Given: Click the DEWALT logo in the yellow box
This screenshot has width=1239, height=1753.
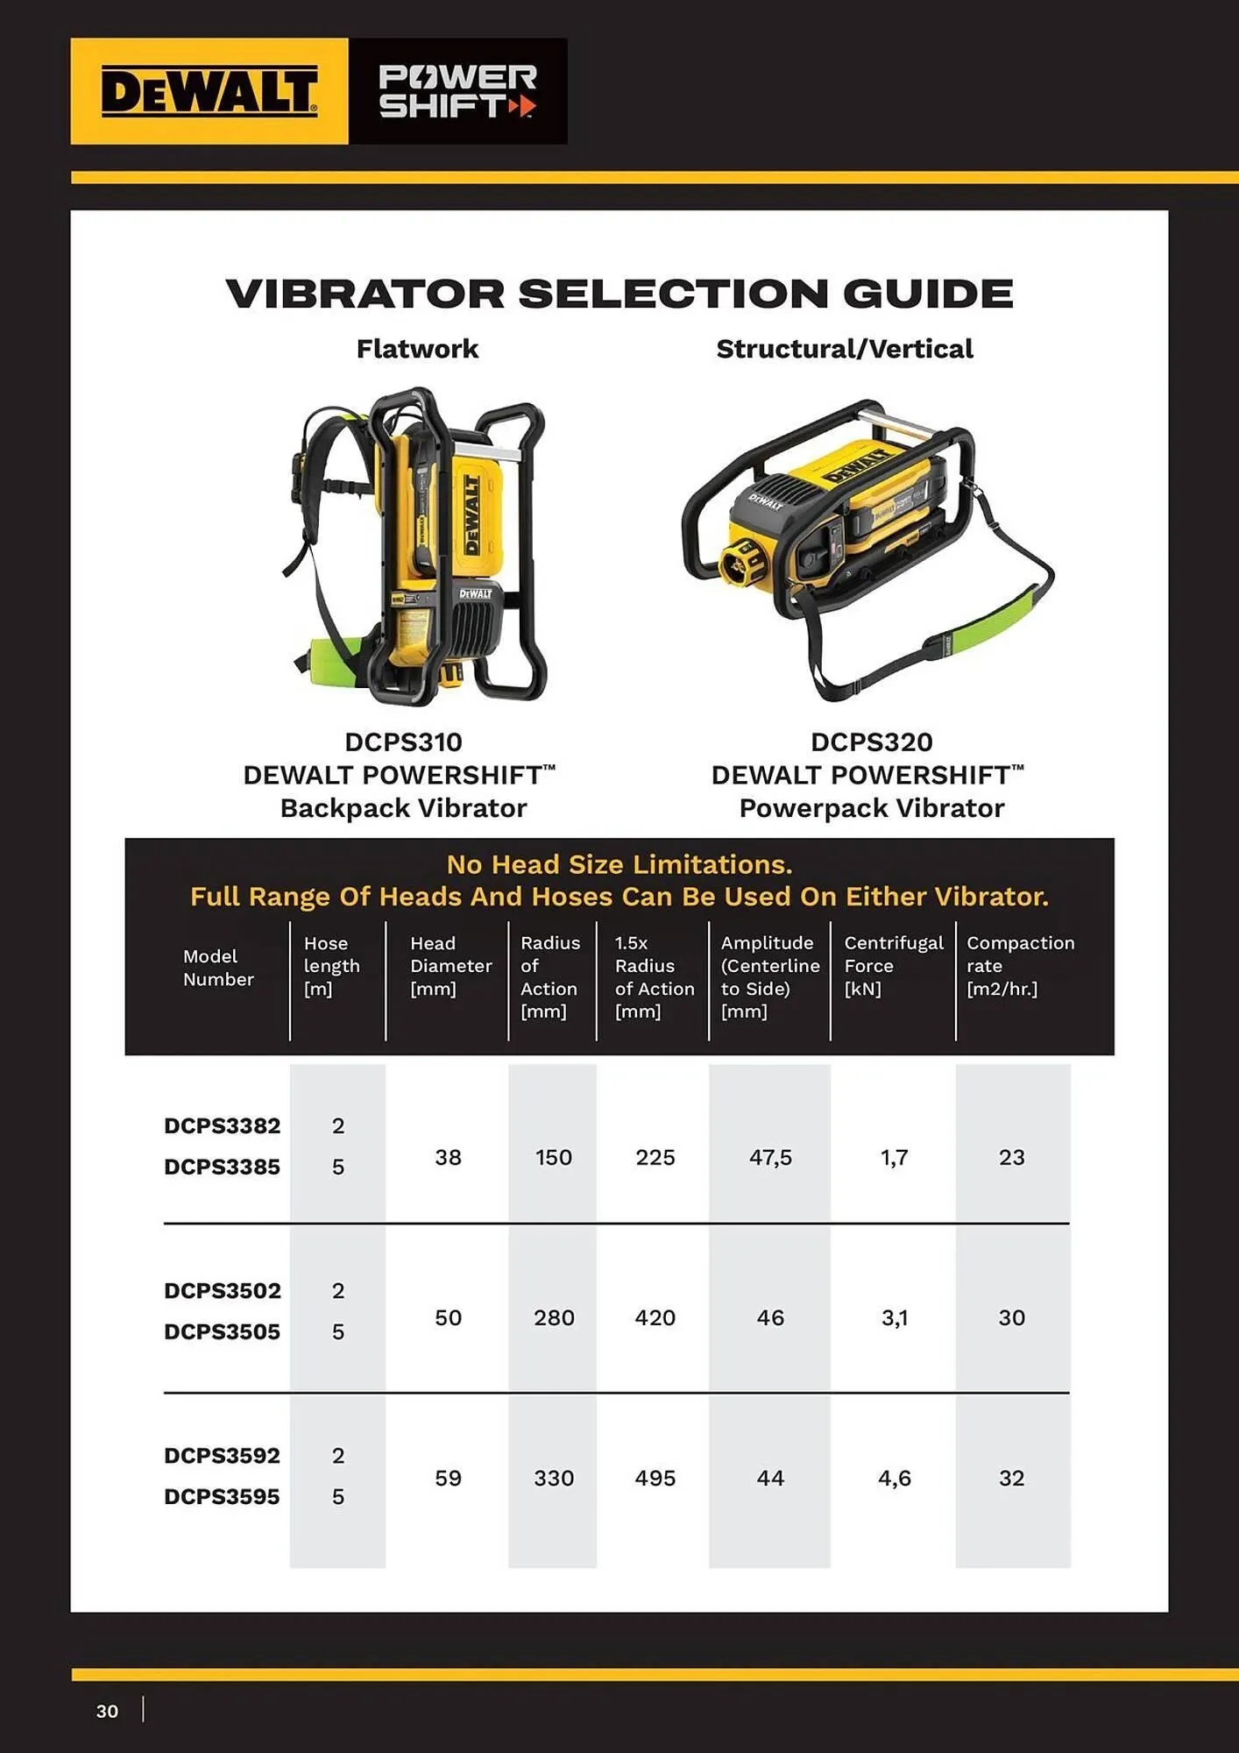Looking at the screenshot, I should tap(209, 91).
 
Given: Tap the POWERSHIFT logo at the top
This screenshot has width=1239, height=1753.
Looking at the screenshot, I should tap(457, 91).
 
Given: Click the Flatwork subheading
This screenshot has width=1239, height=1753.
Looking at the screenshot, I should tap(417, 349).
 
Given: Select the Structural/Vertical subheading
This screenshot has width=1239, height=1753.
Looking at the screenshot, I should tap(844, 349).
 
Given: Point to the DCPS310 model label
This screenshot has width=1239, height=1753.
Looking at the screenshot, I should tap(403, 742).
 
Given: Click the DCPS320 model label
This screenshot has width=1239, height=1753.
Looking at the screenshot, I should tap(871, 742).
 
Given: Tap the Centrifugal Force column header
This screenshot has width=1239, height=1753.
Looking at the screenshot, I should tap(892, 966).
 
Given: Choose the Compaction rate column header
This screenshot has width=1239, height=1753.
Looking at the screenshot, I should tap(1019, 966).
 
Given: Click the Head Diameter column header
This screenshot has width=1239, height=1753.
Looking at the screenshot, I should tap(450, 966).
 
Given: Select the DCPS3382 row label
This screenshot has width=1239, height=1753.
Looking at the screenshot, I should tap(222, 1125).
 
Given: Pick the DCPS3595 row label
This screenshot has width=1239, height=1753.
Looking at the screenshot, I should tap(222, 1496).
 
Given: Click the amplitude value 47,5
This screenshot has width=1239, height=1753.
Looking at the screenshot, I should tap(769, 1158).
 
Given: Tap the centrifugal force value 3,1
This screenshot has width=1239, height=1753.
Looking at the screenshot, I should tap(894, 1318).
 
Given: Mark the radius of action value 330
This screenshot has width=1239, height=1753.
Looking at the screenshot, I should tap(553, 1479).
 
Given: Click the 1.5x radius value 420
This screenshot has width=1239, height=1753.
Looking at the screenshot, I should tap(655, 1318).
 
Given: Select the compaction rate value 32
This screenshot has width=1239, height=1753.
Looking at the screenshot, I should tap(1011, 1479).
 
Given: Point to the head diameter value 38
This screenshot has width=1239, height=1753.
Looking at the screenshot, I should tap(448, 1158).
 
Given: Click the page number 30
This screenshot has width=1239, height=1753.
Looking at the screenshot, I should tap(107, 1711).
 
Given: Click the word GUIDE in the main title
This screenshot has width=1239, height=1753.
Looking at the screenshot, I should tap(928, 294).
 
